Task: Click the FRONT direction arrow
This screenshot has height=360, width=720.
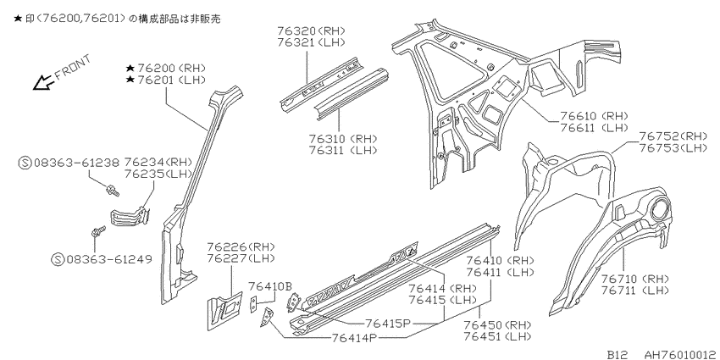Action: (x=44, y=82)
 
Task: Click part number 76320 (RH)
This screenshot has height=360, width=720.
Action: (x=311, y=30)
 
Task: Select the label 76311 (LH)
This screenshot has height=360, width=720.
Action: (x=342, y=150)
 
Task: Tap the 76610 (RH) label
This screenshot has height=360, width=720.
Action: (x=594, y=116)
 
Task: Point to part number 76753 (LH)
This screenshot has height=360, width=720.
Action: (x=673, y=148)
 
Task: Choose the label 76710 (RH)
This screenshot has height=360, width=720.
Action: (x=635, y=279)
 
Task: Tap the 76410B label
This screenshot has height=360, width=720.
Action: (x=270, y=287)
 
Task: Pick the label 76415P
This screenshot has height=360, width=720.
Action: (x=387, y=323)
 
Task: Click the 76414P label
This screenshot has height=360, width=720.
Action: (x=354, y=338)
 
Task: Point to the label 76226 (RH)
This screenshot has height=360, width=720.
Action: (x=241, y=246)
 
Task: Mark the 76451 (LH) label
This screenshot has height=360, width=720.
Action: (x=497, y=336)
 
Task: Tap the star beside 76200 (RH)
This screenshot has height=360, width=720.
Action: (x=130, y=69)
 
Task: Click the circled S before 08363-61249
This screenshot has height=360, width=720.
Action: (x=58, y=259)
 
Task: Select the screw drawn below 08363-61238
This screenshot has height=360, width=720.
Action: (x=112, y=190)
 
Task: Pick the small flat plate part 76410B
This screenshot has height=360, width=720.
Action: (x=253, y=305)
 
